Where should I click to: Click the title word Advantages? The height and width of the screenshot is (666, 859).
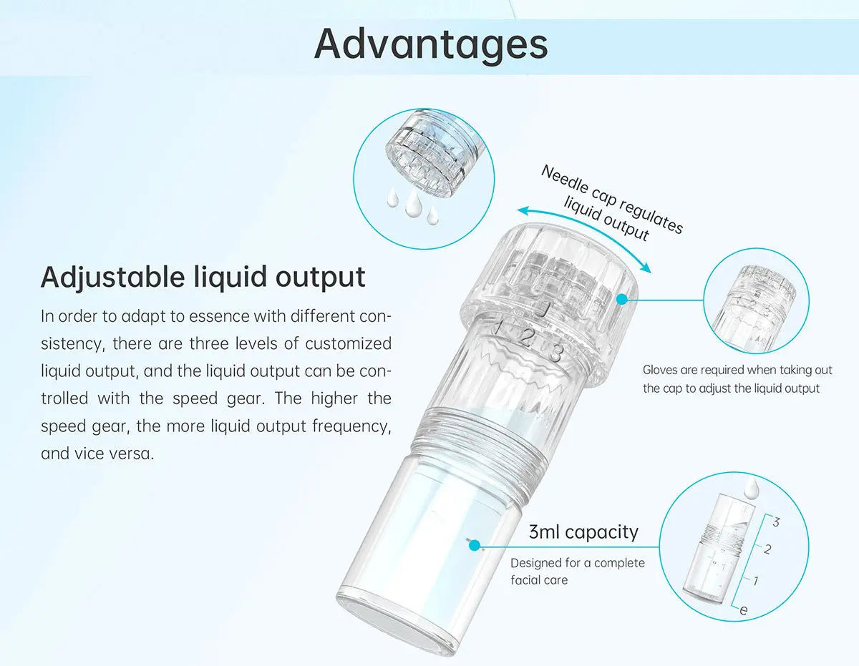[x=431, y=44]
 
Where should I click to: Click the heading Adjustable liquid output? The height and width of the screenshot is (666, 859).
[x=203, y=278]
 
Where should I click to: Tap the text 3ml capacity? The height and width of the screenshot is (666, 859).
[x=583, y=532]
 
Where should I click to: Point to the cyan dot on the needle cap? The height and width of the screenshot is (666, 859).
[x=622, y=300]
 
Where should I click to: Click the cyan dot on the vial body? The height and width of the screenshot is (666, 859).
[x=475, y=546]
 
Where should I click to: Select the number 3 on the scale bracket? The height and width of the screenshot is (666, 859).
[x=776, y=522]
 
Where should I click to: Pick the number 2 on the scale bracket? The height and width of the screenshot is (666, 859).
[x=767, y=549]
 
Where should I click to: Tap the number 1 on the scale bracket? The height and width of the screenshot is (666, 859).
[x=755, y=581]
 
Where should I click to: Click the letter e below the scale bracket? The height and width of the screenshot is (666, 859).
[x=744, y=610]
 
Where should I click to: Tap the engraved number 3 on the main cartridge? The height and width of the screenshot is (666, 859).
[x=555, y=353]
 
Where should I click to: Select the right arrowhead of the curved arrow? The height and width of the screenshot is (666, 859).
[x=646, y=268]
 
